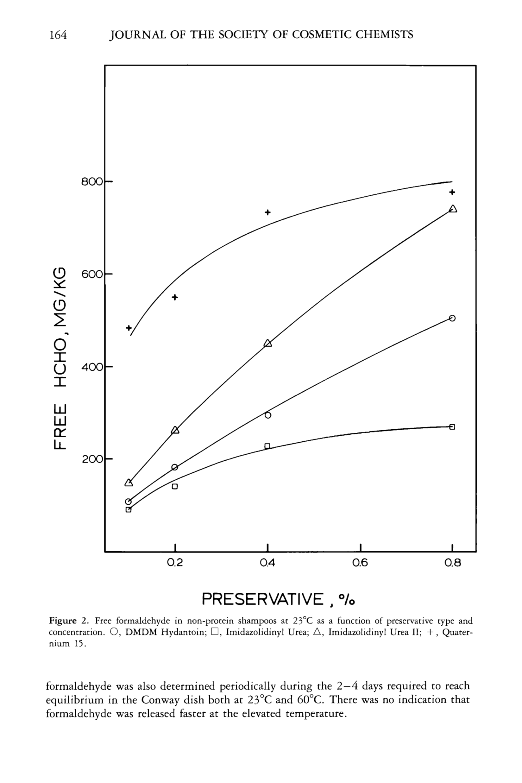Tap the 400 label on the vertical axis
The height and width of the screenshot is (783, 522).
coord(92,367)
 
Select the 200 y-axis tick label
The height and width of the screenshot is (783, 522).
coord(92,459)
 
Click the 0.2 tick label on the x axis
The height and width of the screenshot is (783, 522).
coord(175,563)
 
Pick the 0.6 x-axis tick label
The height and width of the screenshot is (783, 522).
coord(360,563)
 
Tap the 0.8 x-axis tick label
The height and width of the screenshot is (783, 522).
coord(452,563)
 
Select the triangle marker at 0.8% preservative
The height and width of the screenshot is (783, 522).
coord(453,209)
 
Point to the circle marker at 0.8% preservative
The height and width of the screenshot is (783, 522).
coord(452,318)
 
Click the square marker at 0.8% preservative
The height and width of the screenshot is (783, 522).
coord(452,427)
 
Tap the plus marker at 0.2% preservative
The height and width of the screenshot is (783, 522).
coord(175,297)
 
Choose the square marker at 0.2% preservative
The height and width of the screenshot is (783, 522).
coord(175,486)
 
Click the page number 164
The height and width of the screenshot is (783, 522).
coord(58,35)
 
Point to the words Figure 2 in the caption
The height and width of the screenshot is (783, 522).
coord(68,621)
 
